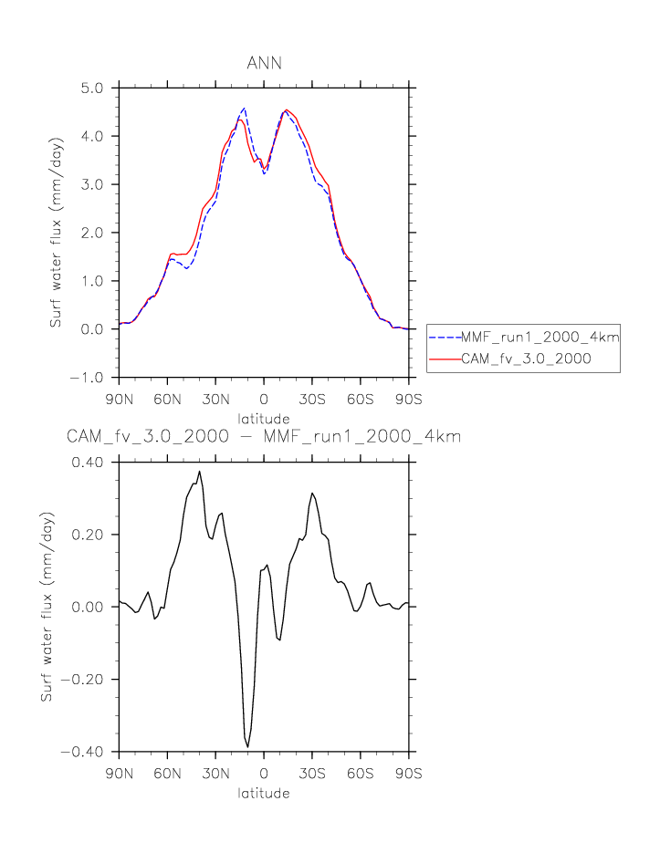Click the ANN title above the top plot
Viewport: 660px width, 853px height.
coord(264,63)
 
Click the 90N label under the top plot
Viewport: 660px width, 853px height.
coord(119,399)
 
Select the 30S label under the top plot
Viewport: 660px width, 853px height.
coord(312,399)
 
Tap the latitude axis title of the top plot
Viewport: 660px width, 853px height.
coord(264,418)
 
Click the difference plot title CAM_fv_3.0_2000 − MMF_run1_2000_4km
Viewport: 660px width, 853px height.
coord(264,437)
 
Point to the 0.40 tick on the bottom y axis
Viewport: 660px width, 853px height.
coord(91,462)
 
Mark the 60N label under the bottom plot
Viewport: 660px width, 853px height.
coord(167,774)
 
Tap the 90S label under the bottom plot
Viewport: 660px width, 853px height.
coord(409,774)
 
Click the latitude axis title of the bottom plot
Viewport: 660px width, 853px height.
coord(264,793)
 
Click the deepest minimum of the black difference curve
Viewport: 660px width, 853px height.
coord(247,747)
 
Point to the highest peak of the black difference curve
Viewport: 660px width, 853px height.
coord(199,472)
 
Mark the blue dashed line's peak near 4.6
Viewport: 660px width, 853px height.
coord(244,108)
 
